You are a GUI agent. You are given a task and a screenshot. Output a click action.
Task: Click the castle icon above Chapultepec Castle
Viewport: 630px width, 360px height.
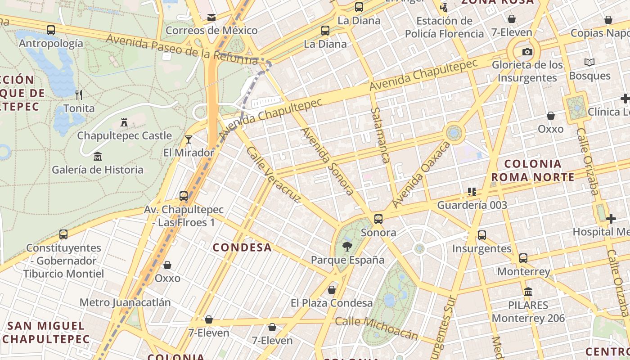[124, 122]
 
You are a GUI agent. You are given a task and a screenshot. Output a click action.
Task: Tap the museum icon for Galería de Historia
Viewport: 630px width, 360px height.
[97, 157]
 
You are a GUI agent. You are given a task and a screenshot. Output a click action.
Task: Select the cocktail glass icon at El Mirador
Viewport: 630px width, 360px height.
[189, 139]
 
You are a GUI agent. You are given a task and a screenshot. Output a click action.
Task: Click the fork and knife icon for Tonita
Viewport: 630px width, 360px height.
[79, 95]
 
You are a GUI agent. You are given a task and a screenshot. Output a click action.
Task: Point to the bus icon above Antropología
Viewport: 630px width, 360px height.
[51, 30]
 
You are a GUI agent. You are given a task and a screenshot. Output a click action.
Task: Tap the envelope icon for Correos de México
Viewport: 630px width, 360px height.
[211, 18]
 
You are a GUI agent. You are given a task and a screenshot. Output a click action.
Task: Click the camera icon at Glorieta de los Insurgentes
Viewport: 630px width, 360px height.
[527, 52]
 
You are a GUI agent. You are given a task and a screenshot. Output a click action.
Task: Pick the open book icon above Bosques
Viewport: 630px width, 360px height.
[589, 62]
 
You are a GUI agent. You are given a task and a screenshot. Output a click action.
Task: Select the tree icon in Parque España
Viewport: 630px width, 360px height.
[347, 246]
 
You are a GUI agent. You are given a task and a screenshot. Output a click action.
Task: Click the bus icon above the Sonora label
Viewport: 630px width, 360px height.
[378, 219]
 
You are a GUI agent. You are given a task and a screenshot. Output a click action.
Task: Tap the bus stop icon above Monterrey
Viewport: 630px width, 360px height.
[523, 258]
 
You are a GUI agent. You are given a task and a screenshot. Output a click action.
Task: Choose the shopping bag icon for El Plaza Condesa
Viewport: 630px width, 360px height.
[332, 290]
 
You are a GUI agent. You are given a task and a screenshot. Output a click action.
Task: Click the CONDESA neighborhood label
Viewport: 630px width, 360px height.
[242, 247]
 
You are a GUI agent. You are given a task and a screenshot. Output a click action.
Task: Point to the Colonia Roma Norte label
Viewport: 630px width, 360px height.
[532, 170]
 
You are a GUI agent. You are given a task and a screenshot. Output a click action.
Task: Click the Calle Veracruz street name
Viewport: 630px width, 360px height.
[273, 175]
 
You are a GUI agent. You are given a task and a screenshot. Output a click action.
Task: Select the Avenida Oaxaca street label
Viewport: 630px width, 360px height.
[421, 175]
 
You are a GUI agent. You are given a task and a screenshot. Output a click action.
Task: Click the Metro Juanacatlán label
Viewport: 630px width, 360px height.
[125, 302]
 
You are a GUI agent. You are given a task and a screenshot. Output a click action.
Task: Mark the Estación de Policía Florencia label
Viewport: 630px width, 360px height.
[444, 27]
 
